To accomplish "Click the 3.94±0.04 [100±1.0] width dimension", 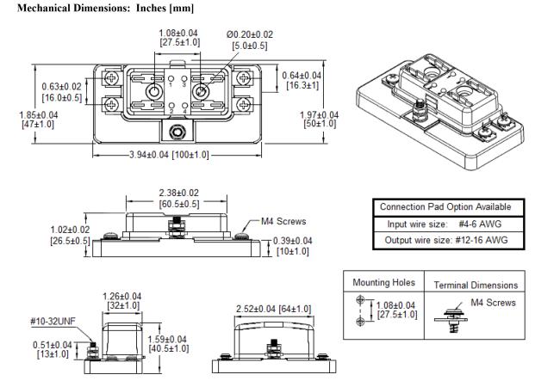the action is pyautogui.click(x=169, y=155).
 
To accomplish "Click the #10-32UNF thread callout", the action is pyautogui.click(x=53, y=322).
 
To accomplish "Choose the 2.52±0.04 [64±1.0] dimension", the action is pyautogui.click(x=274, y=309).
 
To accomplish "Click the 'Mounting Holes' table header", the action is pyautogui.click(x=384, y=283).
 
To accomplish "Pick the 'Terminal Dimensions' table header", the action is pyautogui.click(x=476, y=285).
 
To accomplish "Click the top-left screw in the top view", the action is pyautogui.click(x=111, y=77).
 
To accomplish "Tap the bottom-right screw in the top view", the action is pyautogui.click(x=244, y=105).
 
